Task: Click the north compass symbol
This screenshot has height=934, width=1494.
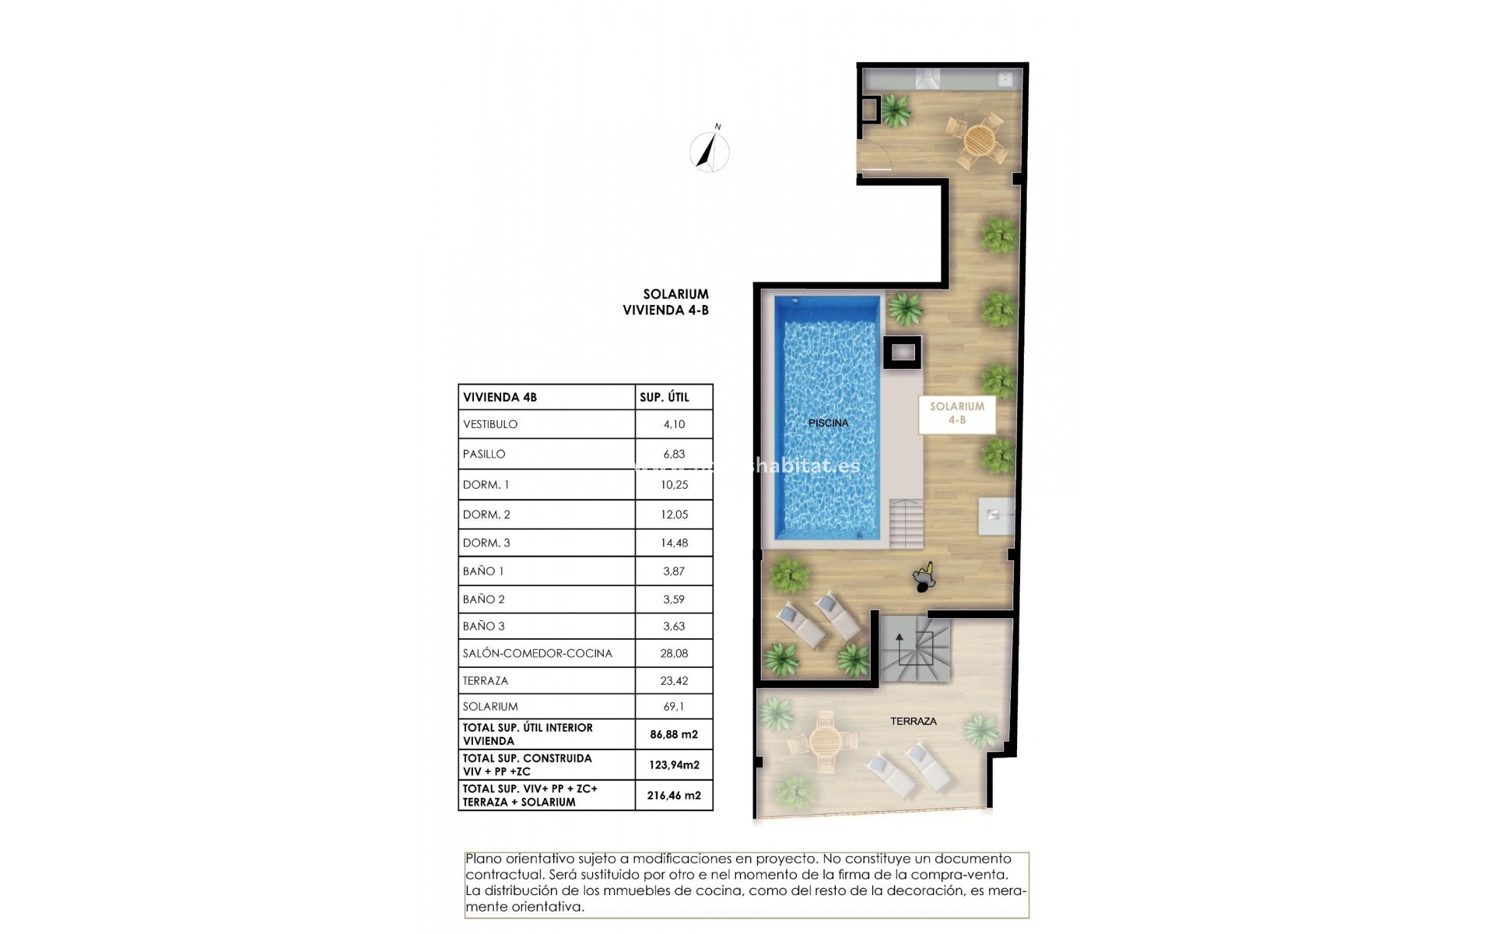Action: (x=709, y=151)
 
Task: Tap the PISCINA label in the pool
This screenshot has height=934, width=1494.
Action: (x=828, y=423)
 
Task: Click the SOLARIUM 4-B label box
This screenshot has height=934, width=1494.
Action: (x=956, y=413)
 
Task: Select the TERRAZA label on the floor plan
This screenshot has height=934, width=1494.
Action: (x=913, y=722)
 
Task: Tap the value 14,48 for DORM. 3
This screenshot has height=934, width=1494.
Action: (x=674, y=543)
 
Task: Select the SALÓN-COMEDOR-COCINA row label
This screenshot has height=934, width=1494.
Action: (x=537, y=653)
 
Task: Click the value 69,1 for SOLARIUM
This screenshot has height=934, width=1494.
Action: (x=674, y=707)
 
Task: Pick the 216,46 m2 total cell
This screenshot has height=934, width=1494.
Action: (x=674, y=795)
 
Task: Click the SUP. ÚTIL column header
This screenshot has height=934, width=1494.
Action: (x=664, y=397)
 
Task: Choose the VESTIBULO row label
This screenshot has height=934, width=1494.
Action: (x=490, y=424)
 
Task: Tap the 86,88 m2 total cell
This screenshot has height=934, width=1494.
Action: (x=674, y=734)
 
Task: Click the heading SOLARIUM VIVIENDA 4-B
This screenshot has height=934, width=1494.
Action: (x=666, y=302)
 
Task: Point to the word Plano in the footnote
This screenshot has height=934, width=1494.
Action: (x=483, y=859)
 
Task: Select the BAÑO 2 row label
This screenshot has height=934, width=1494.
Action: (x=483, y=599)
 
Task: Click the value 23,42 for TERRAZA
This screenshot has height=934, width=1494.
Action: (x=674, y=680)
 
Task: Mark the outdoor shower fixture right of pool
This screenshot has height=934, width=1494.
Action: (x=996, y=514)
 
